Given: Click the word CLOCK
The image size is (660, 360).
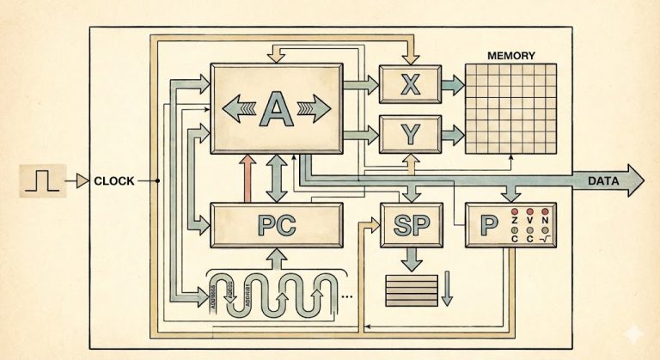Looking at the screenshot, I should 113,181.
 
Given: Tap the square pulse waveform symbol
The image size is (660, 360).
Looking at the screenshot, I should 41,181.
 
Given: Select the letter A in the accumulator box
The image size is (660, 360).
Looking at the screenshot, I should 276,108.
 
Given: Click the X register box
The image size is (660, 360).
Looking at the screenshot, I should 410,83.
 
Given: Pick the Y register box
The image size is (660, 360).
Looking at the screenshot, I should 410,134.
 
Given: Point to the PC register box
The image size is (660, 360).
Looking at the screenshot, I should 277,225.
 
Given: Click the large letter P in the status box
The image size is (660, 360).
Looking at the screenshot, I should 489,226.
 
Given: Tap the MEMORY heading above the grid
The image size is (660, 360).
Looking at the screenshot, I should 510,56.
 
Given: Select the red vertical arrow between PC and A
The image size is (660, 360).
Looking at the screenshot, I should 247,180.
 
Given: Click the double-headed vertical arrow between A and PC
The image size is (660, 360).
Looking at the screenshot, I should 277,180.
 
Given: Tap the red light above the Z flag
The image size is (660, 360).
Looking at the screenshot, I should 514,211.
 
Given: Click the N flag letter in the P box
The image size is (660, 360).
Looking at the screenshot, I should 545,223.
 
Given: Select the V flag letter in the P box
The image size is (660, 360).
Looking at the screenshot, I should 529,223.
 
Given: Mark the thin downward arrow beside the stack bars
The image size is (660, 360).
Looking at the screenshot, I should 446,290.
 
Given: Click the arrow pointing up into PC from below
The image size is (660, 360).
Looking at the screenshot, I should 277,255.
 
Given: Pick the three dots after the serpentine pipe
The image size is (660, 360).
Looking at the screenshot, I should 347,296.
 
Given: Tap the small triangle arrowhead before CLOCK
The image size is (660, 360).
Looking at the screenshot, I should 82,181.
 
